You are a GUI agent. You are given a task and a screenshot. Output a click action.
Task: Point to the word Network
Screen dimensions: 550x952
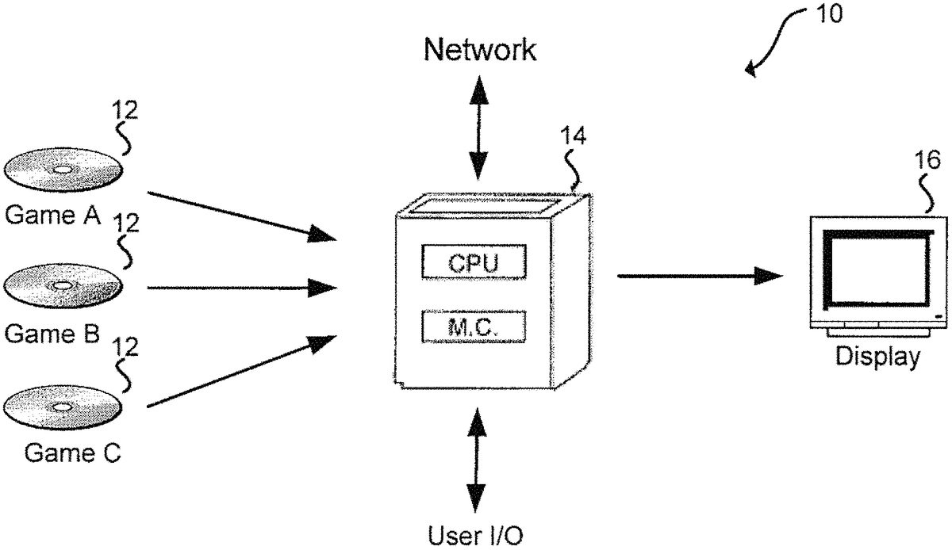[x=479, y=51]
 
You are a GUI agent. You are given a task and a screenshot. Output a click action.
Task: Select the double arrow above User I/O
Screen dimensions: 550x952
[x=477, y=460]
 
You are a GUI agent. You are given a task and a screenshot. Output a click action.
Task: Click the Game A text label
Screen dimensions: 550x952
[x=53, y=215]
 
